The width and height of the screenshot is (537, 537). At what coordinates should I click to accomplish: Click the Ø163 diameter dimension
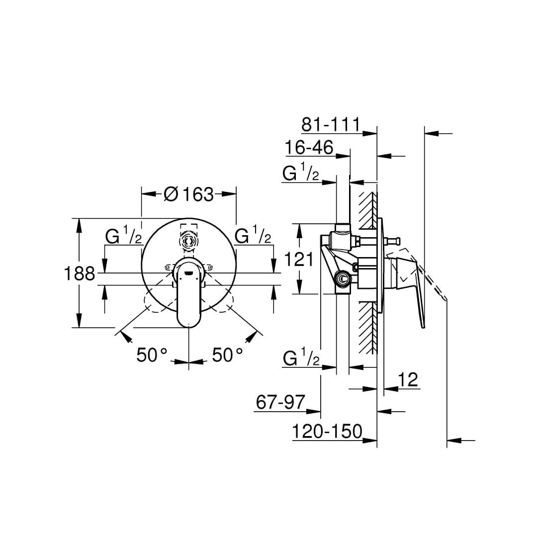coord(189,194)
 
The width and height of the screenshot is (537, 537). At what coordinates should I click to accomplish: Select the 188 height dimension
coord(80,273)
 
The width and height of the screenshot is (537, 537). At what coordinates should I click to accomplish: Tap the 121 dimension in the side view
coord(299,259)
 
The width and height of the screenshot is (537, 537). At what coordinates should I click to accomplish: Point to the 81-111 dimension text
coord(331,125)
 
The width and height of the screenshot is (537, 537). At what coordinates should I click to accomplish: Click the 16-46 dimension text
coord(309,148)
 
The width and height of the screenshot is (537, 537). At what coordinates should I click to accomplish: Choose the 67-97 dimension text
coord(280,402)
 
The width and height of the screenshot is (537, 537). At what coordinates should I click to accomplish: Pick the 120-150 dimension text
coord(327,431)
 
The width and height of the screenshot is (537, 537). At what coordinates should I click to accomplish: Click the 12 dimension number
coord(408,380)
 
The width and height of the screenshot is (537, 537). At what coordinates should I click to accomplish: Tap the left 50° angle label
coord(152,355)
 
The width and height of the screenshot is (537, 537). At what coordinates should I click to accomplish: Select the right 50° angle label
coord(227,355)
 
